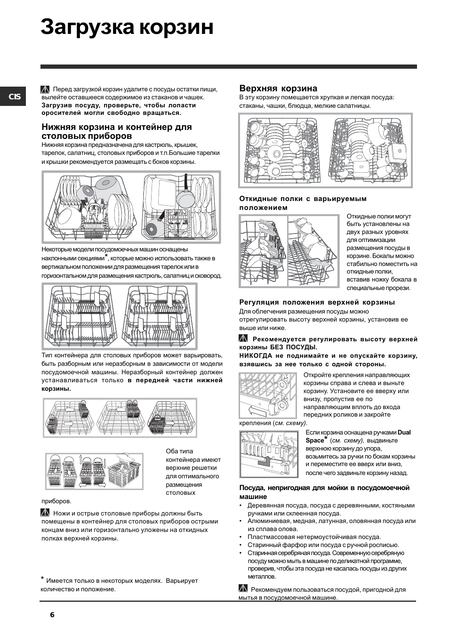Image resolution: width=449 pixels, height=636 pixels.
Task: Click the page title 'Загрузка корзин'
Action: point(127,27)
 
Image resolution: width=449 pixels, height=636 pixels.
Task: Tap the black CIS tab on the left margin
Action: point(13,97)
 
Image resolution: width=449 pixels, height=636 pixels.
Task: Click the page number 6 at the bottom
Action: point(52,615)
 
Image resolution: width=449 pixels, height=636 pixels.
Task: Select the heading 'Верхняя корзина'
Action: point(278,89)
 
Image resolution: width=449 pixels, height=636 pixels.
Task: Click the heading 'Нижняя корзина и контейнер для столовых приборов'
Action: point(116,131)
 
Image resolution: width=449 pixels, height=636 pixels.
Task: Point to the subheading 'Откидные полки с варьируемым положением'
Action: point(303,203)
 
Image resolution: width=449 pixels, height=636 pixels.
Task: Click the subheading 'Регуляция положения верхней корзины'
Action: point(317,302)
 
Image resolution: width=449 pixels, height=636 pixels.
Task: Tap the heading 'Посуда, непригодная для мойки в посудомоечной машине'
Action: point(324,492)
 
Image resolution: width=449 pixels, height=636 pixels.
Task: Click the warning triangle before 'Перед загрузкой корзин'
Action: point(46,89)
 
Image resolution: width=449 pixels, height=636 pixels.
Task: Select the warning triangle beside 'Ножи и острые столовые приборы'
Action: point(46,513)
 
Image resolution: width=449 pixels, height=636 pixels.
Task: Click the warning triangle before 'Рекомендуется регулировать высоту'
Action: point(243,338)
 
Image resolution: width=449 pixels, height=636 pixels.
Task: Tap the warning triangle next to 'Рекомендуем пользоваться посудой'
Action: point(243,588)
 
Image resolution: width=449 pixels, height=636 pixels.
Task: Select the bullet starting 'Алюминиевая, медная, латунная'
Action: point(331,524)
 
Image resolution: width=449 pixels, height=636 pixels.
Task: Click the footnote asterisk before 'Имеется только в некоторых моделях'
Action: point(42,579)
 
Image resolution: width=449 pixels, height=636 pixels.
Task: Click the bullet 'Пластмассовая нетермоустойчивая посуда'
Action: point(314,537)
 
